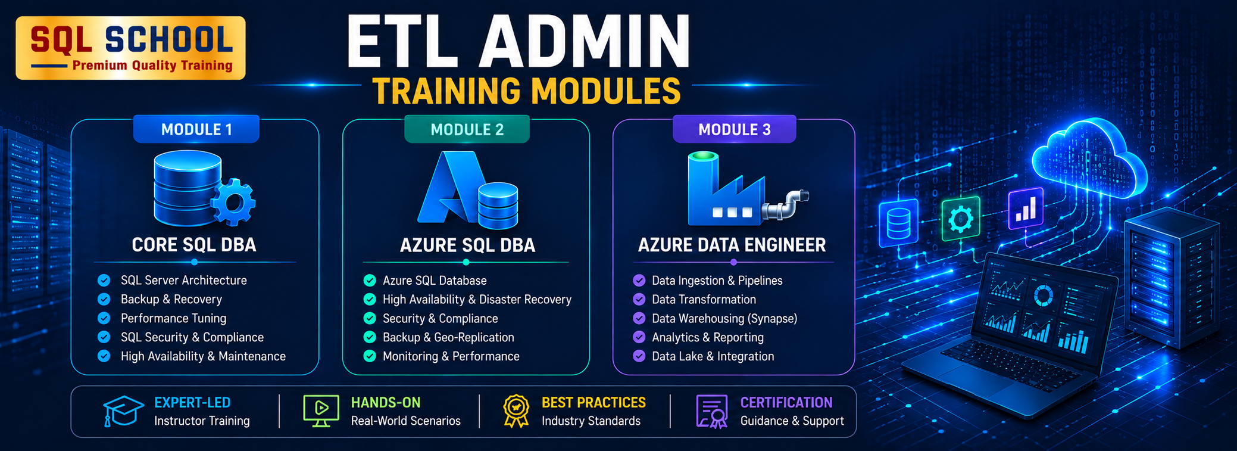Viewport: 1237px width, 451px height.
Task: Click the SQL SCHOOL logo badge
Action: [x=130, y=48]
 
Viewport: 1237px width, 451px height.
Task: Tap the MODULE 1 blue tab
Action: [x=196, y=129]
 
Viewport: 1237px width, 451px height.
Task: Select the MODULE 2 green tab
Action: [x=467, y=129]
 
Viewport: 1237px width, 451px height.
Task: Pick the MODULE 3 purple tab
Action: [x=734, y=129]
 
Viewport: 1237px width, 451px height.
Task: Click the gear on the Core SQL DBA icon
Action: [x=233, y=203]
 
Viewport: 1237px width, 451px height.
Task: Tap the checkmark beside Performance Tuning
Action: [x=104, y=318]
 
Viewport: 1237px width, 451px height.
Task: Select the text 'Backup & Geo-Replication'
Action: [x=448, y=337]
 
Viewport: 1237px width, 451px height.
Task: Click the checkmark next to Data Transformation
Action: [x=639, y=299]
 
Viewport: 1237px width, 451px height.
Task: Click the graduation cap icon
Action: [x=123, y=411]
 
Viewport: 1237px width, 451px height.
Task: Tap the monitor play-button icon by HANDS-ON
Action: [x=321, y=410]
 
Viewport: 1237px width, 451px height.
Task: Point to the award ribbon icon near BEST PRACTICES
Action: [x=516, y=411]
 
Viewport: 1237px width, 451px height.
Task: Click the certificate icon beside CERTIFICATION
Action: [x=712, y=411]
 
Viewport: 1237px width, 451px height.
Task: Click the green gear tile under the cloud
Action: [x=960, y=219]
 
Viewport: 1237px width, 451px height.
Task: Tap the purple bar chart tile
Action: [x=1026, y=209]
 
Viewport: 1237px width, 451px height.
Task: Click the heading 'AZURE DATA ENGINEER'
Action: [x=732, y=245]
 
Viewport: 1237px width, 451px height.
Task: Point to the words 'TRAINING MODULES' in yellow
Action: [x=526, y=91]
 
